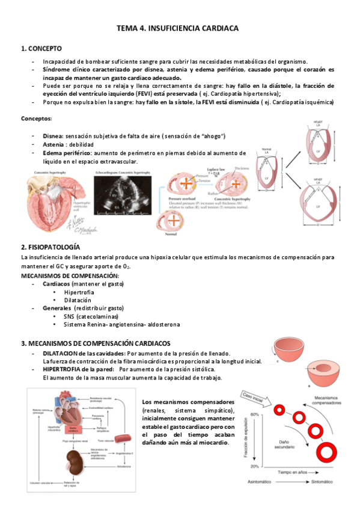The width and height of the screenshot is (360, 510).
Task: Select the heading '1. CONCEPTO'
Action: [x=41, y=49]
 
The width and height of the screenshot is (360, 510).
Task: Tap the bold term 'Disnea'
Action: [x=53, y=137]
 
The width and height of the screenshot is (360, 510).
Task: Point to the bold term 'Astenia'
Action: [x=55, y=145]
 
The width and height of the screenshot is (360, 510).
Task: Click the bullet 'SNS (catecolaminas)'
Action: [x=91, y=316]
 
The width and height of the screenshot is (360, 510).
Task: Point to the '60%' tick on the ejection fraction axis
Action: [x=255, y=415]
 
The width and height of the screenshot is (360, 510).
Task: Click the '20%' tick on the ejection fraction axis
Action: [x=255, y=467]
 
